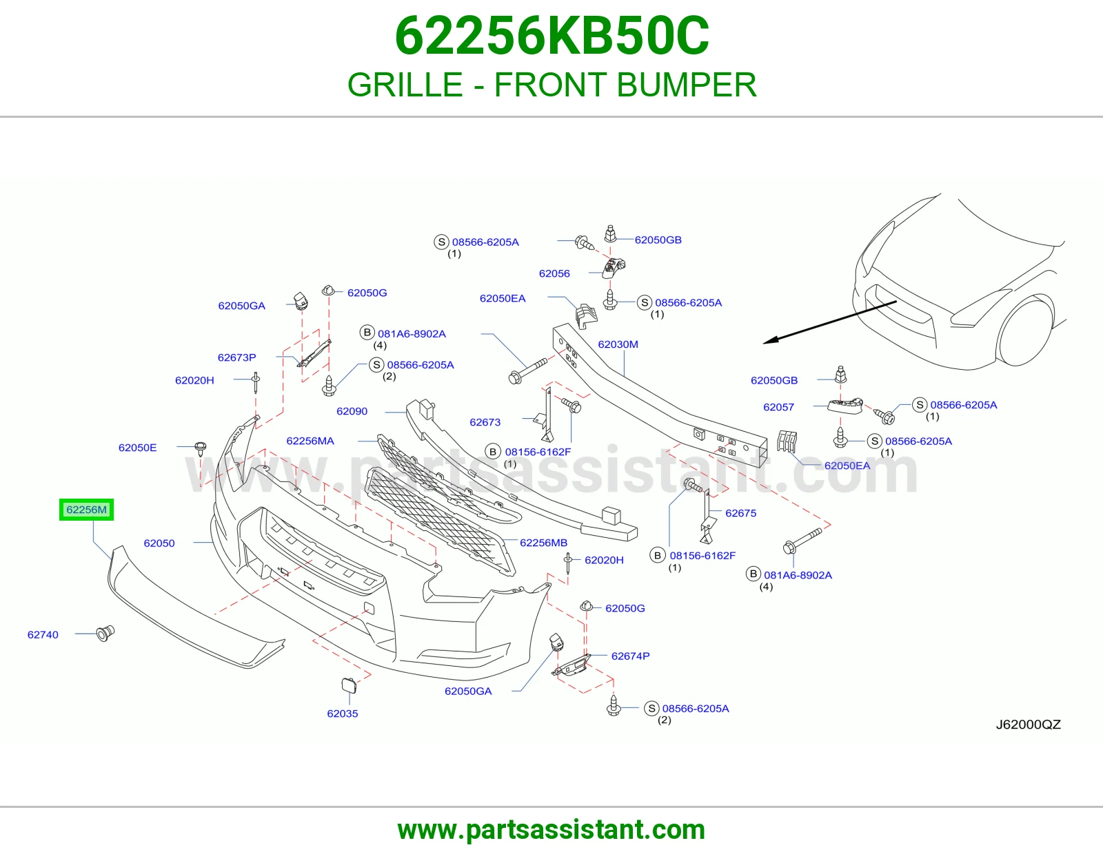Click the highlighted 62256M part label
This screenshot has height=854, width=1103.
tap(86, 509)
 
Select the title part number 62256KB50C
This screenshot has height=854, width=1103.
tap(551, 36)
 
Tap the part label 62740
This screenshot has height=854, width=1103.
tap(43, 634)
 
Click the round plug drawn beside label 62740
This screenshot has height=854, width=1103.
tap(105, 634)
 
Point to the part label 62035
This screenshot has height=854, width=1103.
tap(342, 714)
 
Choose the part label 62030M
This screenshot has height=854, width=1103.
tap(618, 344)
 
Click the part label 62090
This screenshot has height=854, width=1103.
tap(352, 411)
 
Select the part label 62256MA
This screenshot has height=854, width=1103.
tap(310, 441)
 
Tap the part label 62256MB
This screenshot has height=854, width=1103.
tap(544, 543)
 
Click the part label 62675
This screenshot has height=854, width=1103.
tap(740, 513)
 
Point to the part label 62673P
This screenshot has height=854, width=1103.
tap(236, 357)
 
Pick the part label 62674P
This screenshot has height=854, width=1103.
tap(630, 656)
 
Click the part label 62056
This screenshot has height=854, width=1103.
tap(554, 273)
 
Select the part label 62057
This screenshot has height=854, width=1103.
tap(778, 407)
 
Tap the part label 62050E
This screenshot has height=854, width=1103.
tap(138, 447)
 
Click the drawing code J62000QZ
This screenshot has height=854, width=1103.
tap(1029, 724)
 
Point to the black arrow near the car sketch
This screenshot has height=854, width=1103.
tap(830, 322)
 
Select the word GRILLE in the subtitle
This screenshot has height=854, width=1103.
tap(405, 84)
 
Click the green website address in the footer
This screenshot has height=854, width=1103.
tap(551, 830)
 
